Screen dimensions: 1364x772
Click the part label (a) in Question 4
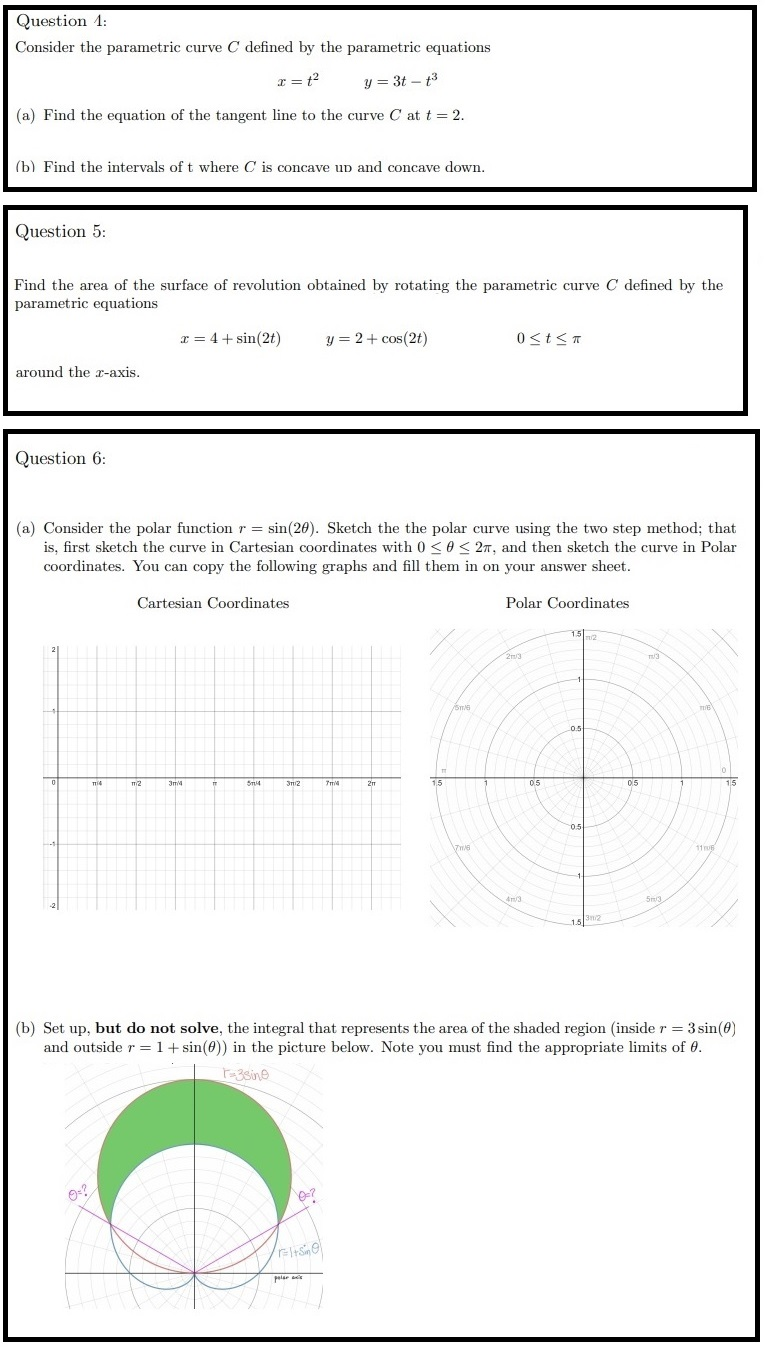25,115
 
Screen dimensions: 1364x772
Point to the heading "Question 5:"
61,231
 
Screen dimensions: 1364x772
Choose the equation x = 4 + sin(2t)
230,339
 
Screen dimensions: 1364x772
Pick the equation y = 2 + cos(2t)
377,339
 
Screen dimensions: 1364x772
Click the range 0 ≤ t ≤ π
549,339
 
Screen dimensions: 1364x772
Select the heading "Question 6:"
61,458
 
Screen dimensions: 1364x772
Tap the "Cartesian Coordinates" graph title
213,603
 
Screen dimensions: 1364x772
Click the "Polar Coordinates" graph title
567,603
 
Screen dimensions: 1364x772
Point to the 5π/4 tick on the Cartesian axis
253,784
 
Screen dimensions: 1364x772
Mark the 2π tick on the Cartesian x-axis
371,784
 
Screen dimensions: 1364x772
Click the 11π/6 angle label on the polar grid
705,849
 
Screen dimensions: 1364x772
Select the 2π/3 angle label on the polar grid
513,657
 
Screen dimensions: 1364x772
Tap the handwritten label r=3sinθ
246,1075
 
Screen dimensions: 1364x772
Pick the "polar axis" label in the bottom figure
287,1278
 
